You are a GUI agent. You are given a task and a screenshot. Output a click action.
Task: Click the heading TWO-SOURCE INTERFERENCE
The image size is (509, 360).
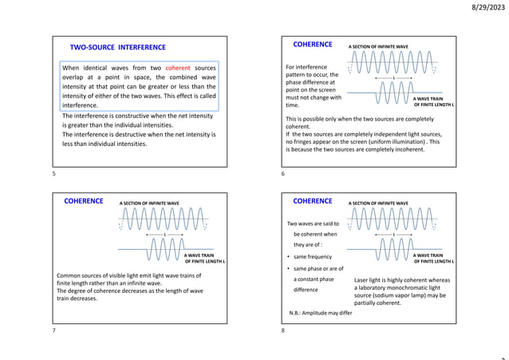pos(117,48)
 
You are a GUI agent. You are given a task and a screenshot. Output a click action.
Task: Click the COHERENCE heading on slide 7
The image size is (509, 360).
pos(84,201)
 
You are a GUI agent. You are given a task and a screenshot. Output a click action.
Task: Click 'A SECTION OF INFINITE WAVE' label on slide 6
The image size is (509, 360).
pos(378,47)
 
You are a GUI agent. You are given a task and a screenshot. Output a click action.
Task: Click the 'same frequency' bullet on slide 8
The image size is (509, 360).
pos(313,257)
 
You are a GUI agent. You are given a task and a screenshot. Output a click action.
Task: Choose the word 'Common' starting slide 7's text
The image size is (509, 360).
pos(70,274)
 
